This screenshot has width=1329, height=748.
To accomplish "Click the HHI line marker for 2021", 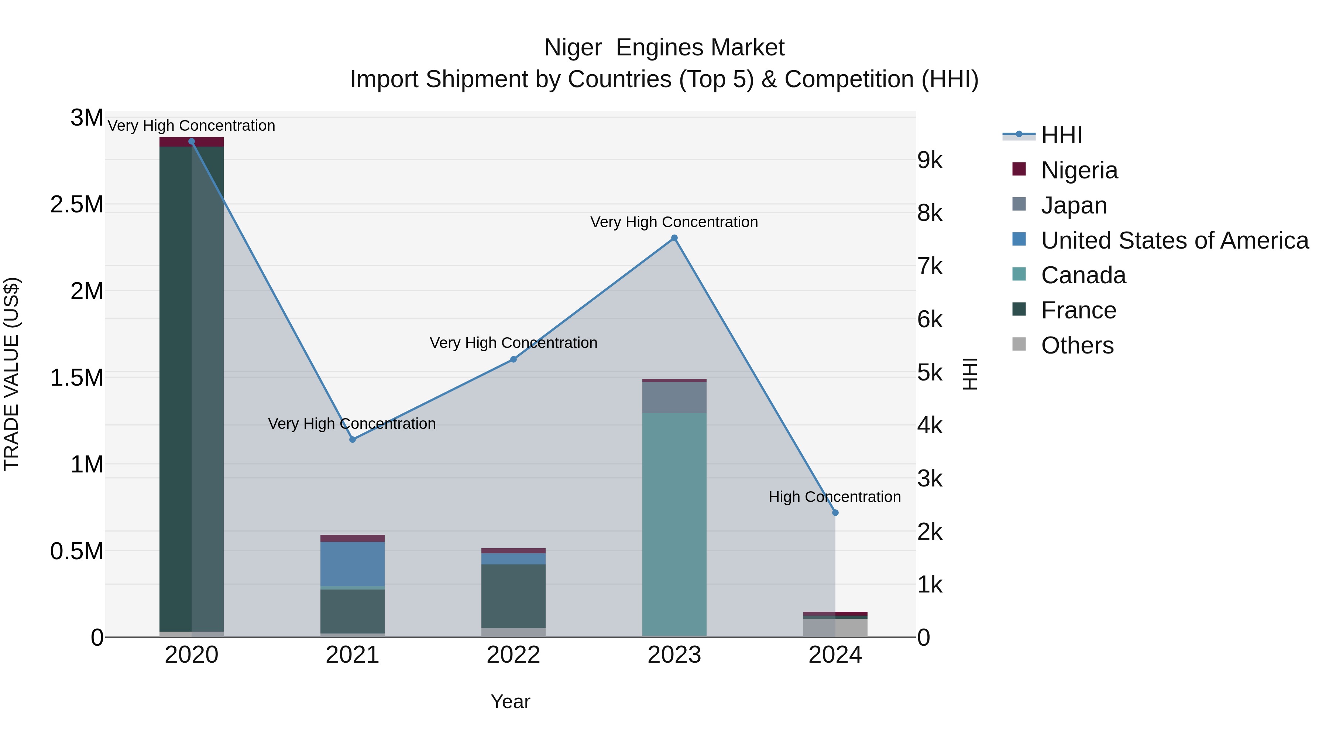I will pyautogui.click(x=353, y=439).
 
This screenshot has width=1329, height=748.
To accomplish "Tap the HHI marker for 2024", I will pyautogui.click(x=835, y=513).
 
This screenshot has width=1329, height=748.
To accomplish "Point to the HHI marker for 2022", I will pyautogui.click(x=514, y=359).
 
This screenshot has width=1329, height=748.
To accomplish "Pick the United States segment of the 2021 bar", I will pyautogui.click(x=353, y=564).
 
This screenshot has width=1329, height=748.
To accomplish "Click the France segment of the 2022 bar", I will pyautogui.click(x=514, y=596).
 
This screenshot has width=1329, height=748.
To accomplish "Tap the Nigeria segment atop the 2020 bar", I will pyautogui.click(x=191, y=142).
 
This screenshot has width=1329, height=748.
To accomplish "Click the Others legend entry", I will pyautogui.click(x=1077, y=345).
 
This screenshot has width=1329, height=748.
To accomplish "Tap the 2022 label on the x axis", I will pyautogui.click(x=514, y=655).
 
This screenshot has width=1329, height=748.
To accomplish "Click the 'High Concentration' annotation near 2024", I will pyautogui.click(x=834, y=496).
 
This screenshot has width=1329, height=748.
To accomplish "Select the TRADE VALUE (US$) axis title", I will pyautogui.click(x=11, y=374).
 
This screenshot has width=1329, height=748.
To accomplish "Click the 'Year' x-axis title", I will pyautogui.click(x=510, y=701).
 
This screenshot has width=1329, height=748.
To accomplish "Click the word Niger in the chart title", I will pyautogui.click(x=573, y=48).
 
